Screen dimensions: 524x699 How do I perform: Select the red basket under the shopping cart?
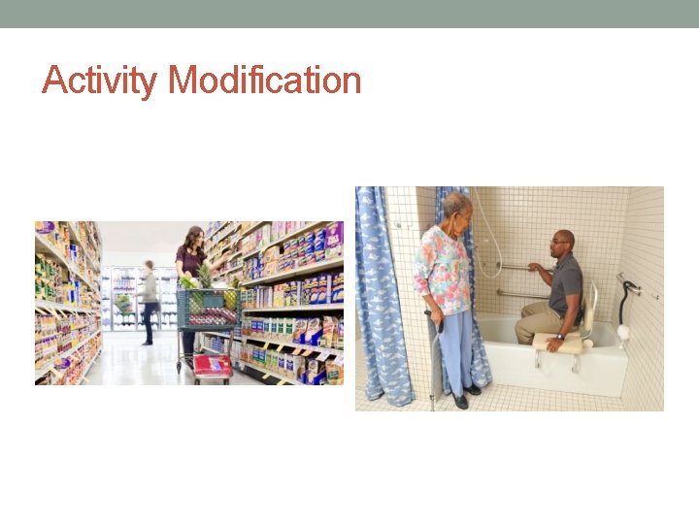click(213, 366)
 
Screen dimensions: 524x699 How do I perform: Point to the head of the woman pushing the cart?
click(194, 237)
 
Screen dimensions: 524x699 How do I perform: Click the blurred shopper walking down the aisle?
click(148, 301)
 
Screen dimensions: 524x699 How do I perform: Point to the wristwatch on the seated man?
click(560, 336)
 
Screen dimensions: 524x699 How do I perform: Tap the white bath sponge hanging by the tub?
click(623, 332)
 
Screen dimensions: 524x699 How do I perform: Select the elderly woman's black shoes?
click(465, 396)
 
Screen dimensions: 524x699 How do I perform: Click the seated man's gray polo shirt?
click(565, 282)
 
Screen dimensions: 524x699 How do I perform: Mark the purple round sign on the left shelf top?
click(45, 229)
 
